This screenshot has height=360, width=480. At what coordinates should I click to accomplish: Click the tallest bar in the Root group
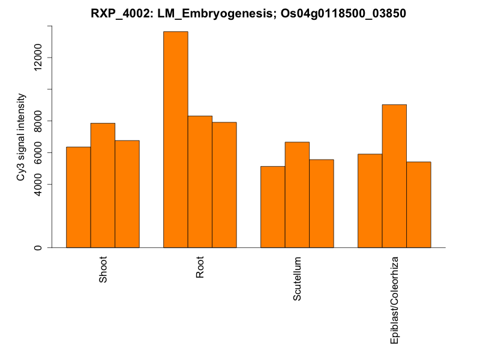pyautogui.click(x=176, y=139)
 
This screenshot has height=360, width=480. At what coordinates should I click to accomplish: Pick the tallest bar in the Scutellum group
pyautogui.click(x=297, y=194)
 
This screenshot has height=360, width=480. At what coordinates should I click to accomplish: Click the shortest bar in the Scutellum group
pyautogui.click(x=273, y=206)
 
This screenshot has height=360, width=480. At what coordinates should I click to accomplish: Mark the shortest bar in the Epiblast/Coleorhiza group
pyautogui.click(x=419, y=205)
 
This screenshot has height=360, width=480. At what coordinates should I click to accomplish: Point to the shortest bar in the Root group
pyautogui.click(x=224, y=185)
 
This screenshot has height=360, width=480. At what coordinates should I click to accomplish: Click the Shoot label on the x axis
pyautogui.click(x=103, y=271)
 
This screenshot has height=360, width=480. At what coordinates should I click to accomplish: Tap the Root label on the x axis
pyautogui.click(x=200, y=268)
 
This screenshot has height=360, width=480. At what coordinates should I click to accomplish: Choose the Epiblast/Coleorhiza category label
pyautogui.click(x=395, y=299)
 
